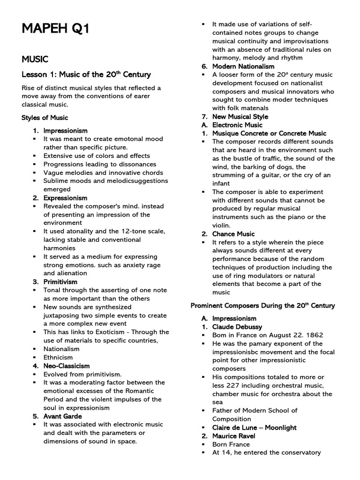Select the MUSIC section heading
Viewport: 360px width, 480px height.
tap(35, 59)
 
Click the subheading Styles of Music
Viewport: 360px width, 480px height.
tap(45, 118)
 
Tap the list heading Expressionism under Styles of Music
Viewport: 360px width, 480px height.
tap(65, 198)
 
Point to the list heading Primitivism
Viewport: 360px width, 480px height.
tap(60, 282)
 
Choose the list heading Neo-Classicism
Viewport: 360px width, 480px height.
tap(67, 366)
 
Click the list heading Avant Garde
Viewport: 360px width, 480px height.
tap(63, 416)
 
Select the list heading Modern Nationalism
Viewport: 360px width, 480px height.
tap(243, 66)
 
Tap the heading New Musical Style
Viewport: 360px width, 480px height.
tap(240, 117)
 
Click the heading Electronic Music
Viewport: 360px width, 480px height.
tap(237, 125)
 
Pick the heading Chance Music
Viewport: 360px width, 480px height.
tap(233, 234)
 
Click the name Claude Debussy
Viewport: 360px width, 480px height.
tap(237, 327)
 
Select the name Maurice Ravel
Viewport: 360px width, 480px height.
tap(234, 436)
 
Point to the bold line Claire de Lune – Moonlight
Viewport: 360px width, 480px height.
tap(254, 427)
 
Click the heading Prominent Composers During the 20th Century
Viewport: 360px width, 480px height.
tap(262, 306)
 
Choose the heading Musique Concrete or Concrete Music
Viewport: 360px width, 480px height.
tap(269, 134)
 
